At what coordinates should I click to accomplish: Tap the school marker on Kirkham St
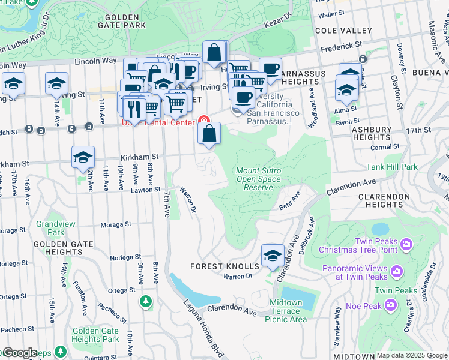[x=83, y=158]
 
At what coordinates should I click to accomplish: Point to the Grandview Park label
[x=50, y=228]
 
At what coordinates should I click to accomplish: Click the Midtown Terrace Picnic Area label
[x=285, y=311]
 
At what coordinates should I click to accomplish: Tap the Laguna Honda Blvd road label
[x=201, y=327]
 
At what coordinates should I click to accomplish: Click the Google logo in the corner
[x=19, y=353]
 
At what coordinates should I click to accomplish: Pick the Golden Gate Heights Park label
[x=95, y=335]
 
